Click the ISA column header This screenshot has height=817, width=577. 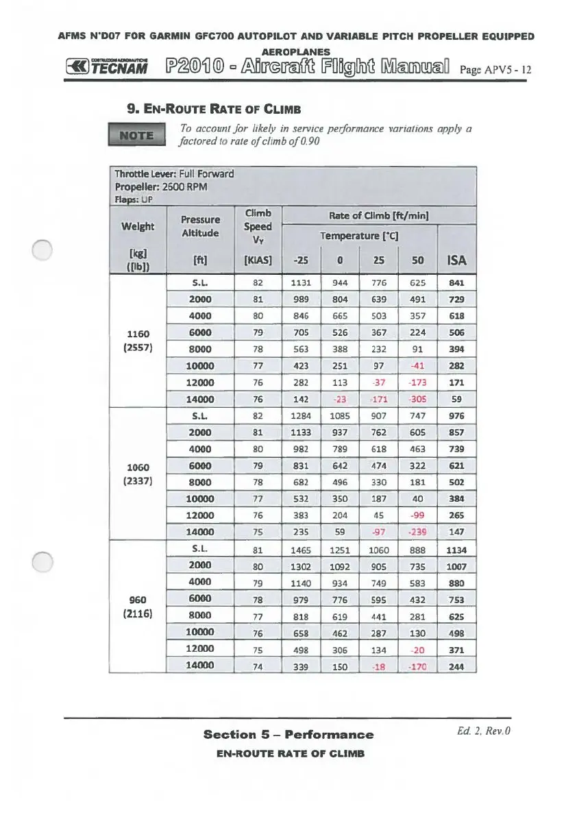click(x=456, y=260)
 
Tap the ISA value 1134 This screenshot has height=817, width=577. click(x=456, y=550)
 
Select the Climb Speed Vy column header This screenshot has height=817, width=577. click(x=258, y=226)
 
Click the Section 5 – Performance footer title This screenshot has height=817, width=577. click(x=288, y=735)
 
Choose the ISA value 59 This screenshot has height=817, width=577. click(x=456, y=399)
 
